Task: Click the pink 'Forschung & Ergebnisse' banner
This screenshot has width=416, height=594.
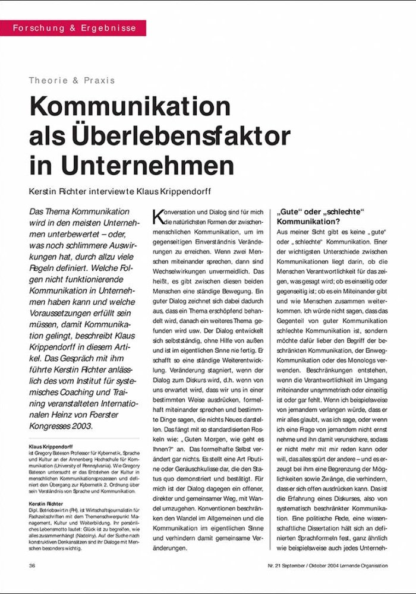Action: [73, 28]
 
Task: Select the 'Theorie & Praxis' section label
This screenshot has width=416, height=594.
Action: [72, 80]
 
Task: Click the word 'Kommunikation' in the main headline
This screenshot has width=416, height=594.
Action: [130, 107]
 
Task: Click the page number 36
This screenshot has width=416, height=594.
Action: [32, 565]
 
